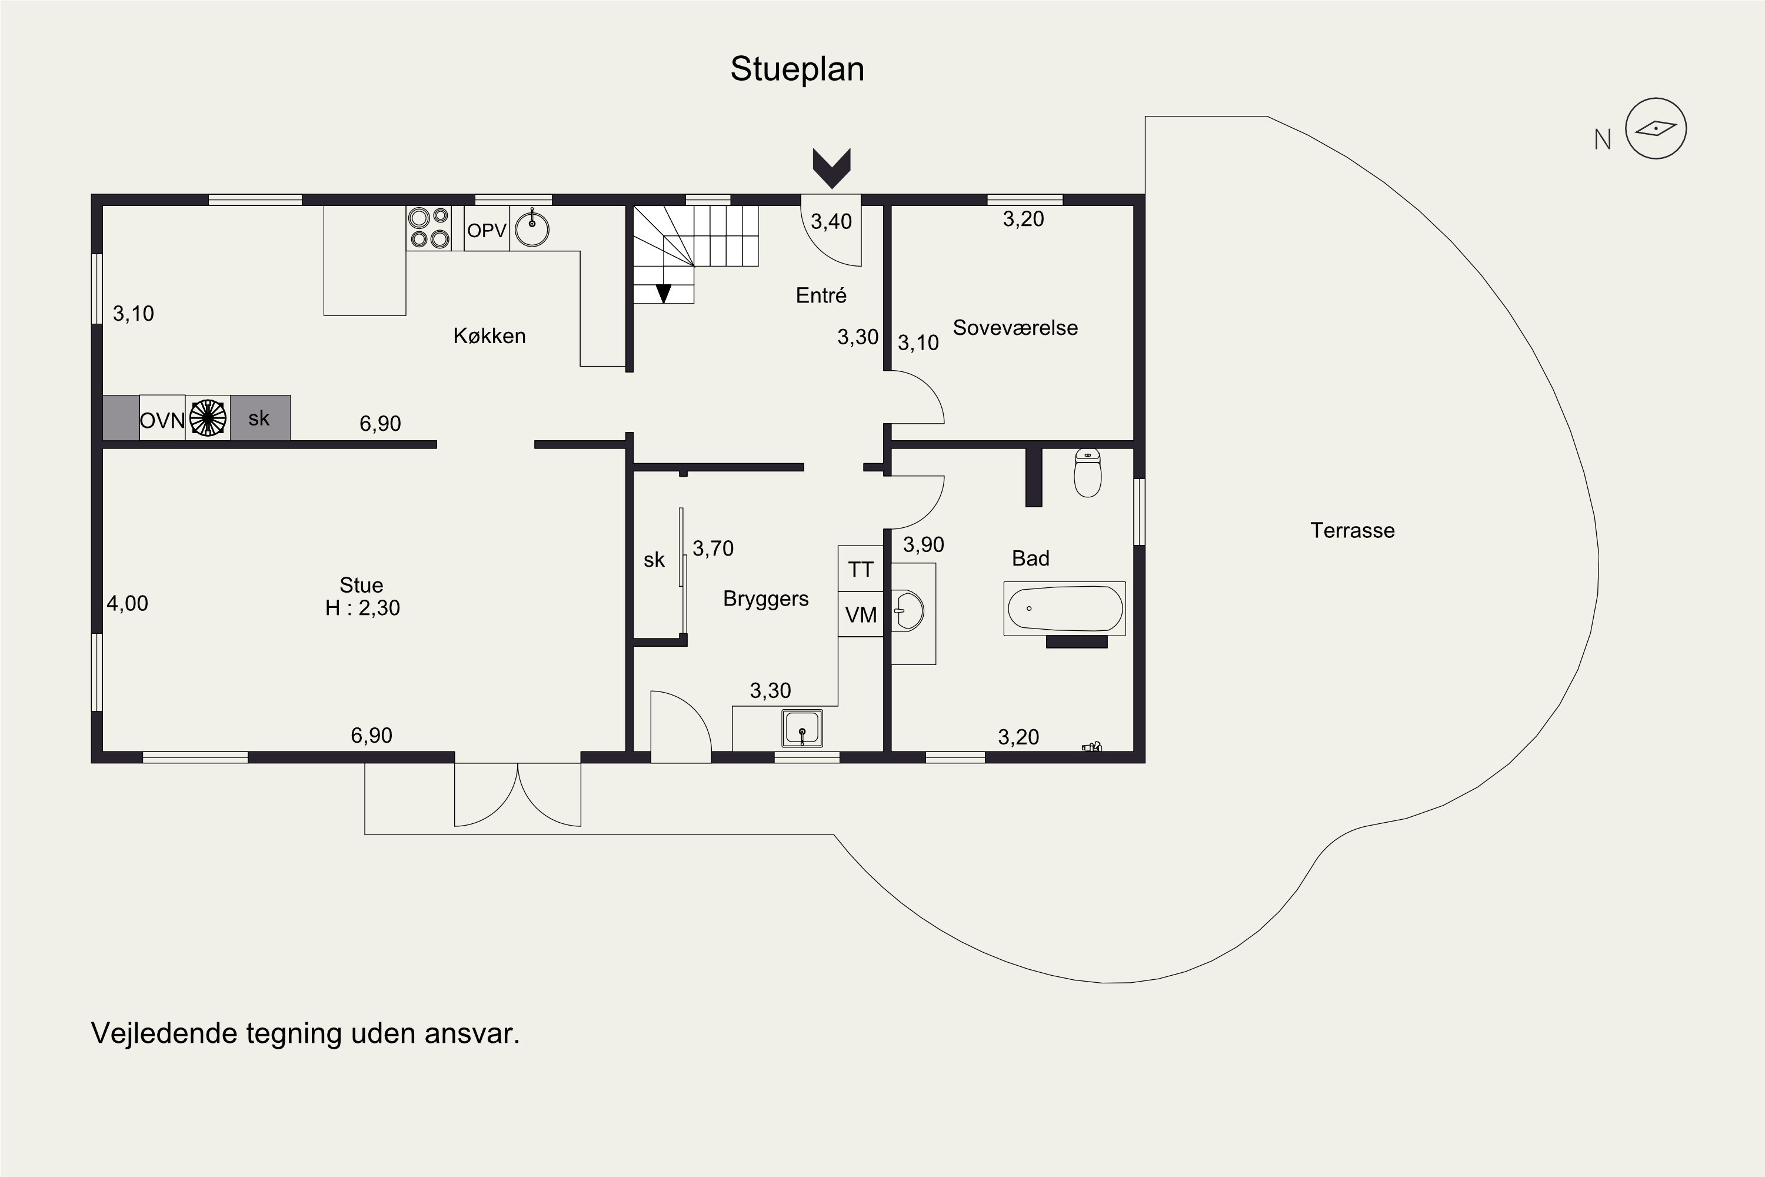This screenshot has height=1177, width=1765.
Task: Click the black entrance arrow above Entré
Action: [831, 168]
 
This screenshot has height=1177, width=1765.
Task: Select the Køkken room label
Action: [489, 335]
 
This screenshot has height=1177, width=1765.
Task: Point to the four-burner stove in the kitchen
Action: [428, 228]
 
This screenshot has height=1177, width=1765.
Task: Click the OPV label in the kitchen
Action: [487, 231]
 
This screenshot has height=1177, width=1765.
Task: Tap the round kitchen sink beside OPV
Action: [532, 229]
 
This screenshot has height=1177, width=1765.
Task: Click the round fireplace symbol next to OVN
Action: [208, 418]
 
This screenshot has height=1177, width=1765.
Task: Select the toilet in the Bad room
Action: [1088, 473]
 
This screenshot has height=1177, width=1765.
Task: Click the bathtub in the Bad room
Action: [1065, 608]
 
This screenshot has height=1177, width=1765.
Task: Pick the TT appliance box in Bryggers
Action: [861, 569]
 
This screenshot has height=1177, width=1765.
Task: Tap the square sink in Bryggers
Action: [802, 728]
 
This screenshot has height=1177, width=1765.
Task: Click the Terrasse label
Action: [1352, 531]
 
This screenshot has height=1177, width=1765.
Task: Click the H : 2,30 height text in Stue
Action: [362, 607]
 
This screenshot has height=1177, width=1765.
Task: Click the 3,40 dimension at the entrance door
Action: [831, 221]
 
